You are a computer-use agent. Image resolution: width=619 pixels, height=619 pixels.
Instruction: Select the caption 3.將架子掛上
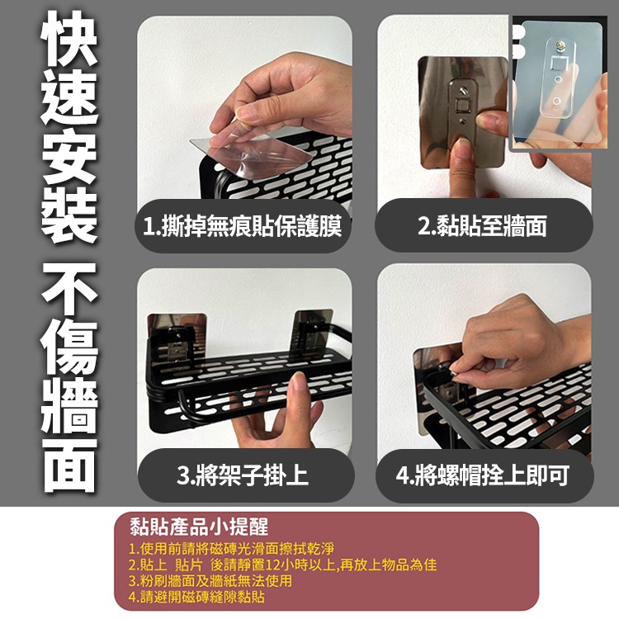click(243, 475)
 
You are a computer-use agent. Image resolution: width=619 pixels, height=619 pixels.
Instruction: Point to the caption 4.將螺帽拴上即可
click(483, 475)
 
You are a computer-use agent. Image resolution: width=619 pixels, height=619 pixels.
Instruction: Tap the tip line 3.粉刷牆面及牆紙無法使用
click(210, 580)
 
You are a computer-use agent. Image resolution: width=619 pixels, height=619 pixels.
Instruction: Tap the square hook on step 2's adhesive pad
click(463, 105)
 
